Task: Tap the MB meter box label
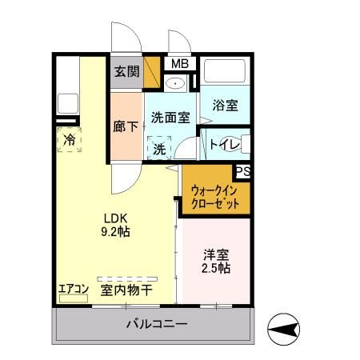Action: click(178, 64)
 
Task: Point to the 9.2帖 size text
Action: click(115, 233)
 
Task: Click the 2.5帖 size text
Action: click(215, 269)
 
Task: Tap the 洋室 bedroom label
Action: click(215, 254)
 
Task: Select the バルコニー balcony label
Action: click(157, 325)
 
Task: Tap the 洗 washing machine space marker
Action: click(160, 148)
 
